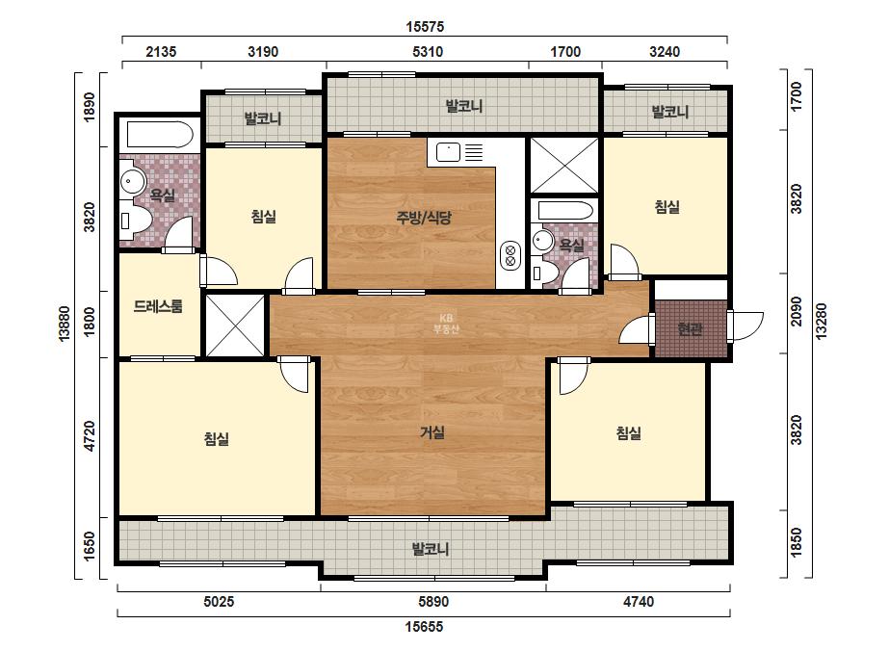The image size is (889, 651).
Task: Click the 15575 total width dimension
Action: tap(425, 27)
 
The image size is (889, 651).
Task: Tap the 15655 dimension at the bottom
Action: tap(424, 627)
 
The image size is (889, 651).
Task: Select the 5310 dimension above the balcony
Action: tap(428, 52)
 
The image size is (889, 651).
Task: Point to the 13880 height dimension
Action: tap(65, 324)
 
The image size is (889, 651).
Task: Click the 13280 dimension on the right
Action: tap(821, 322)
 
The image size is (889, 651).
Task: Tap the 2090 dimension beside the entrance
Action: tap(797, 312)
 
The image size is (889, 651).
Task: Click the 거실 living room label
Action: tap(432, 432)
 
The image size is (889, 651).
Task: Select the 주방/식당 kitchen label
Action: tap(424, 218)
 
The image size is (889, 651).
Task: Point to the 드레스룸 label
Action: tap(158, 307)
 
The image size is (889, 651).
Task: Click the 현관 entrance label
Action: tap(690, 329)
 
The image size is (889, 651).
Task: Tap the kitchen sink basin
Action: tap(447, 152)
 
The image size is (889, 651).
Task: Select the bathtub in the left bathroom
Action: tap(160, 135)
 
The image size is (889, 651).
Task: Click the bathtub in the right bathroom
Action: tap(565, 211)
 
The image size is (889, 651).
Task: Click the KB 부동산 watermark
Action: tap(446, 324)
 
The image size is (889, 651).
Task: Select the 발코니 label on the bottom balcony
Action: tap(431, 549)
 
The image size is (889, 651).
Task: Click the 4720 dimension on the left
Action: tap(89, 436)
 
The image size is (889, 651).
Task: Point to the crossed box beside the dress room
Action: tap(235, 325)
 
